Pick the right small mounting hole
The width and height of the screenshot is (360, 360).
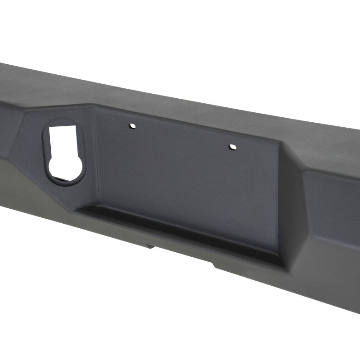(233, 147)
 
